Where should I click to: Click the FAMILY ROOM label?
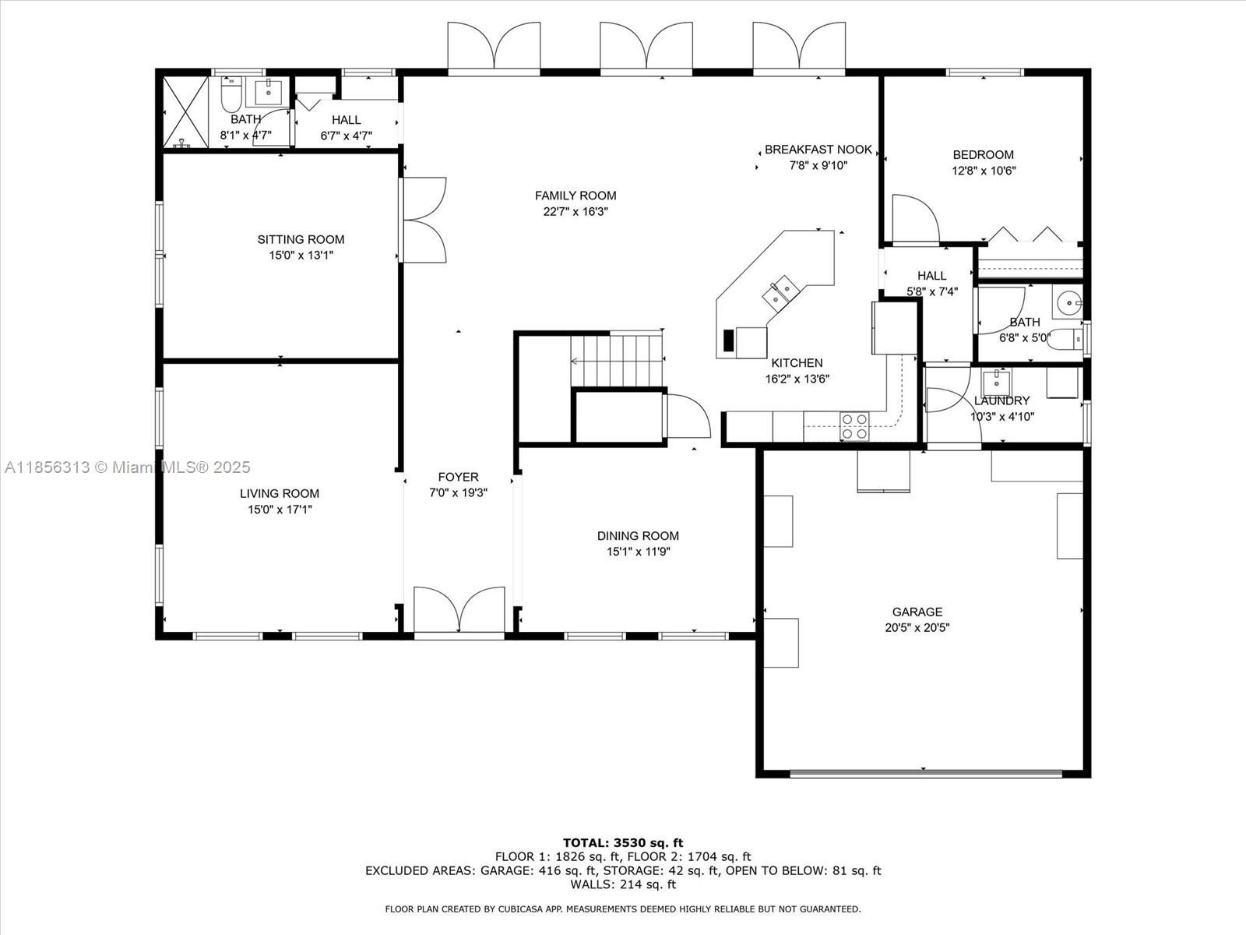pos(575,196)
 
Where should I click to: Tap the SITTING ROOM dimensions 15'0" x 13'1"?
pos(301,256)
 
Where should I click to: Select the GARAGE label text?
pos(917,612)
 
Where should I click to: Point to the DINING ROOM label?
pos(638,535)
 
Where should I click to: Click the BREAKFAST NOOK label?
pos(818,150)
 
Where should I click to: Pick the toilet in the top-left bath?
pos(231,95)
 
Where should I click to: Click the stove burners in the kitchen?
pos(854,425)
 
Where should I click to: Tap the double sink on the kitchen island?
pos(780,291)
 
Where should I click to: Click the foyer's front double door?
pos(459,610)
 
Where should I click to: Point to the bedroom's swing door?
pos(915,219)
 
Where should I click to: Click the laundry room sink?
pos(996,383)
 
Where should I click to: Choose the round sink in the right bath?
pos(1068,303)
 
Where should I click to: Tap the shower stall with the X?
pos(185,112)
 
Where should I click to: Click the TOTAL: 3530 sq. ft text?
pos(623,842)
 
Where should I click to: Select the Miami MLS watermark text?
pos(127,467)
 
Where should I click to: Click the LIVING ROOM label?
pos(280,493)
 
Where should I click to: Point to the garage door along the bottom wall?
pos(926,773)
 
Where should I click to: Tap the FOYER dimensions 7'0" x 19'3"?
pos(458,492)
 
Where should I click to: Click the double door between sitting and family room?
pos(424,220)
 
